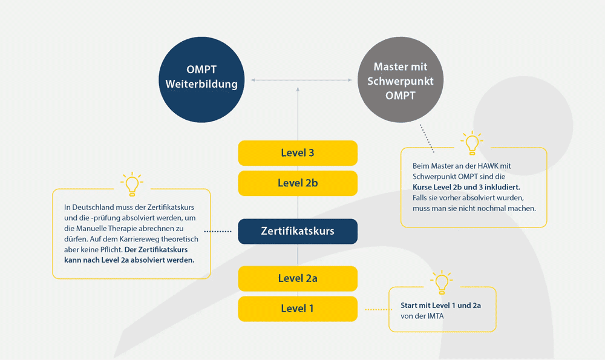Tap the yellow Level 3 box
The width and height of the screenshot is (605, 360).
(298, 153)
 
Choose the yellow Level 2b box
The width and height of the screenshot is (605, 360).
(298, 183)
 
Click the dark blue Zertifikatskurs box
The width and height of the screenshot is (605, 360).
(298, 231)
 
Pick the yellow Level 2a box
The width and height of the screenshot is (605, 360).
(298, 278)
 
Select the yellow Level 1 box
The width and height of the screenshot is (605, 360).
(298, 309)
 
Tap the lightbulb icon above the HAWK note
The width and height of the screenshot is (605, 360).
(472, 143)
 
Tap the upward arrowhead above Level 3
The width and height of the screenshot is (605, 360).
(298, 88)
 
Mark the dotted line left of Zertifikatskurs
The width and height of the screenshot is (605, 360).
(218, 231)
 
